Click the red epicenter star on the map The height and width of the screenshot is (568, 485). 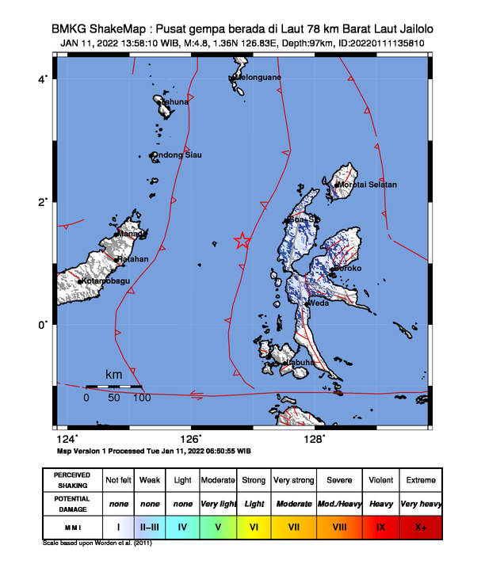click(x=242, y=242)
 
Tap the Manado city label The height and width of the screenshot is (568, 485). click(x=132, y=234)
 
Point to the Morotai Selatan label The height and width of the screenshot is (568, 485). click(x=368, y=185)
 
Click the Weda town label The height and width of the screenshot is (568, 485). click(x=319, y=303)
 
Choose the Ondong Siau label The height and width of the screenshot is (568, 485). click(x=177, y=154)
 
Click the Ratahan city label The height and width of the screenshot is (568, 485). click(x=133, y=259)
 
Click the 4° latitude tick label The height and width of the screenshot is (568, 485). click(x=44, y=79)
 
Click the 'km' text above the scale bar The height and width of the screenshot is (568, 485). click(x=113, y=374)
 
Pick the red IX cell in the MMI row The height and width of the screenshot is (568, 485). click(x=381, y=525)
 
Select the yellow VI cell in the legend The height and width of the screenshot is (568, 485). click(x=254, y=525)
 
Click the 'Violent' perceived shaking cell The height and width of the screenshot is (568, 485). click(x=381, y=480)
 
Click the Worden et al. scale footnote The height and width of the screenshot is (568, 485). click(x=97, y=544)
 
